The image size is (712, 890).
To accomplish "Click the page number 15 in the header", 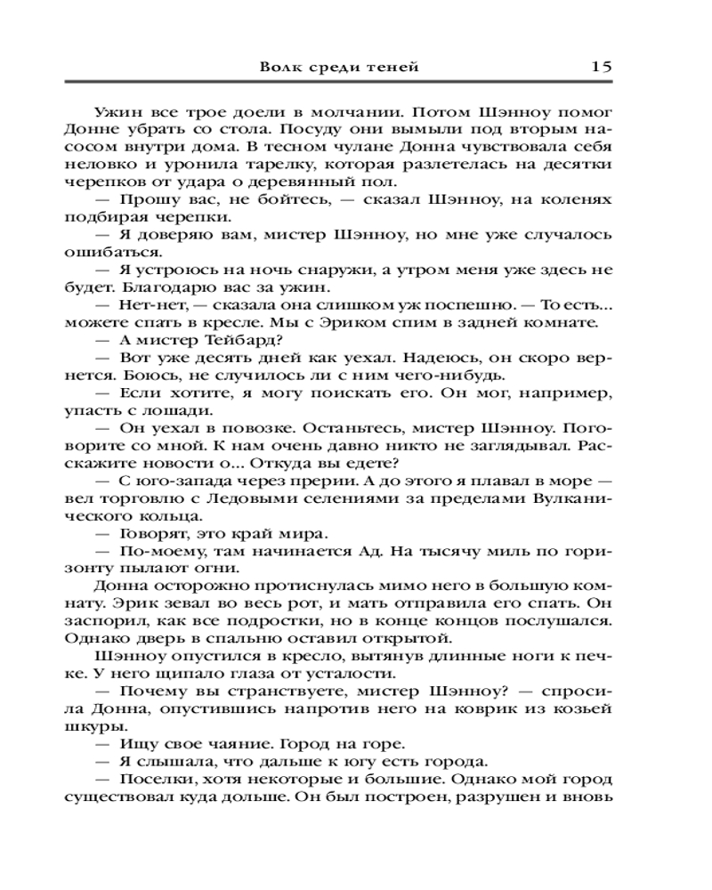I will (600, 65).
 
